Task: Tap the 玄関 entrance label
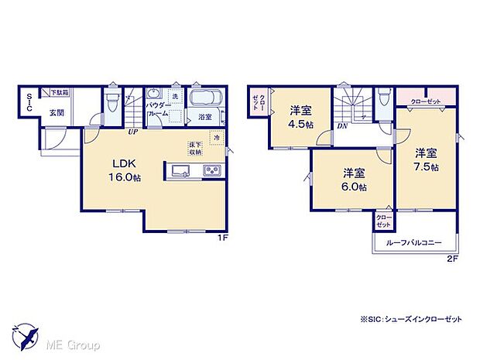(x=57, y=113)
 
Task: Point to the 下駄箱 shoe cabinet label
(x=59, y=93)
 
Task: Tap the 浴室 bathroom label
(x=205, y=118)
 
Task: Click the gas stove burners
(x=211, y=170)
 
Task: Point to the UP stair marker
(x=132, y=132)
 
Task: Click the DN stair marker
(x=341, y=126)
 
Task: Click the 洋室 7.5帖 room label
(x=425, y=159)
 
